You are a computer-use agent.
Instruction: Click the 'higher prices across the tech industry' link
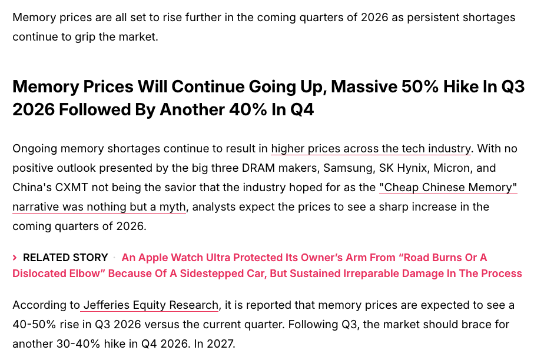click(371, 149)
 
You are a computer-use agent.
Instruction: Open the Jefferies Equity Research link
click(151, 305)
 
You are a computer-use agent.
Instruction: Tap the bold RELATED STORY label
click(65, 258)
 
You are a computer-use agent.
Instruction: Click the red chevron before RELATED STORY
click(15, 258)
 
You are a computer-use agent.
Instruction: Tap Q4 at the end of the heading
click(302, 110)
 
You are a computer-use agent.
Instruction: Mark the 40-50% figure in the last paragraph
click(34, 325)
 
